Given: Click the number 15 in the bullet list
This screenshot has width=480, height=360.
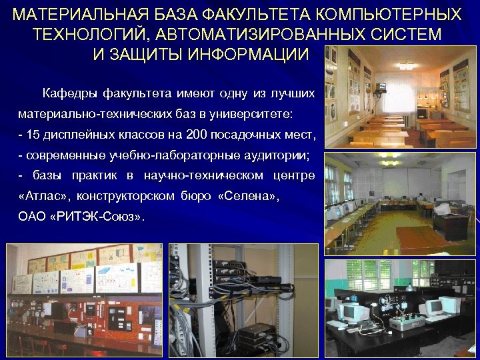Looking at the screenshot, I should click(x=33, y=135).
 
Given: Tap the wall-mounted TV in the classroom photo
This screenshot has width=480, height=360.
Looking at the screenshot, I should click(x=383, y=87).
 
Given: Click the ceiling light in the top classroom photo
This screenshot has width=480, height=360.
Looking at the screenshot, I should click(x=405, y=65).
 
